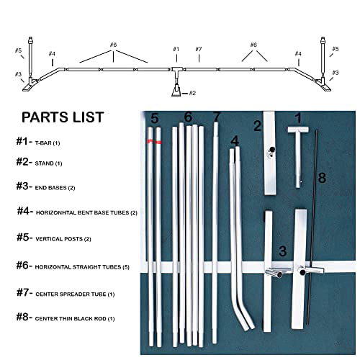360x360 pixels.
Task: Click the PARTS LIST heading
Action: [62, 117]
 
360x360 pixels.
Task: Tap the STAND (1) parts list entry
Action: [43, 163]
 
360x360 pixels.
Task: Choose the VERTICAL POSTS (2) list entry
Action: [54, 238]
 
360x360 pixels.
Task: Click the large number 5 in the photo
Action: [154, 118]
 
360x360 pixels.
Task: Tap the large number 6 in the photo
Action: [188, 117]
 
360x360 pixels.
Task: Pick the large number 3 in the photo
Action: [283, 251]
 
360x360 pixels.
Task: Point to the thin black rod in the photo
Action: [314, 238]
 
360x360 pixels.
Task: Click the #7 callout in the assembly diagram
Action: [198, 49]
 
